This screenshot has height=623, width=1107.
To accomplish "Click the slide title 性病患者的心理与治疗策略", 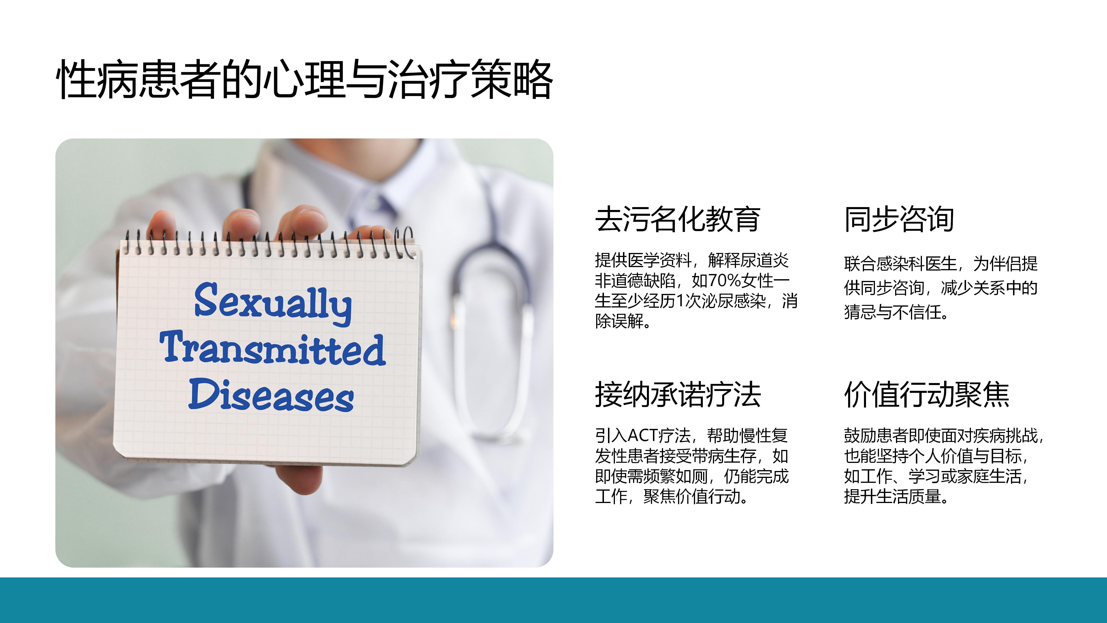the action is (x=304, y=80).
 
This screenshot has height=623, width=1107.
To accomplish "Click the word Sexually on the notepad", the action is (x=273, y=302).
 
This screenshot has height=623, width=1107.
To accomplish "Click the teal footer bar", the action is (x=553, y=600).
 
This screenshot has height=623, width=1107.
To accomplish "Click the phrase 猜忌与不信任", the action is (x=893, y=312).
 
